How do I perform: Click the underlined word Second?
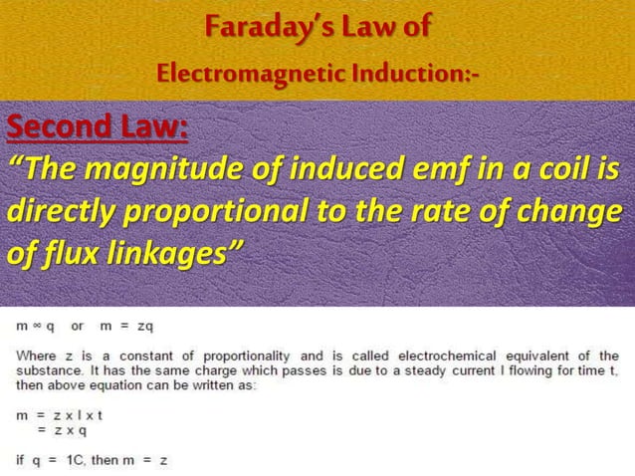point(51,129)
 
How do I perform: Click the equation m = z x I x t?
point(60,415)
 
